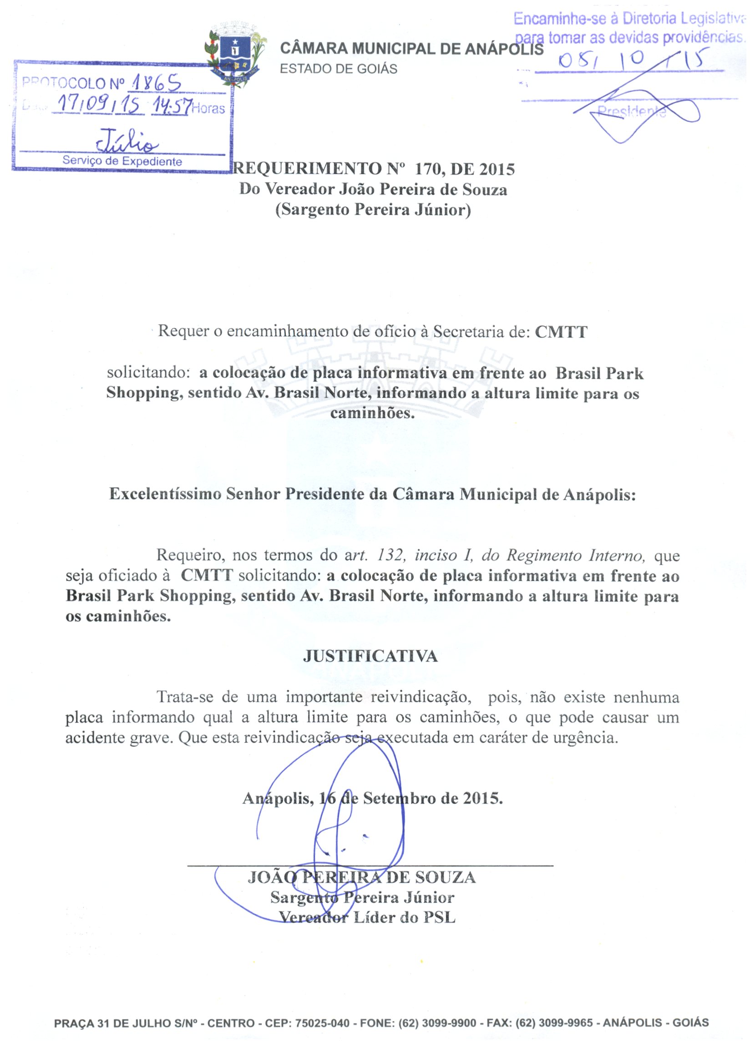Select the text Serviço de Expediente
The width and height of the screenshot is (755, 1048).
pyautogui.click(x=122, y=161)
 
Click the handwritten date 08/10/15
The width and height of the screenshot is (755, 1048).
pyautogui.click(x=633, y=61)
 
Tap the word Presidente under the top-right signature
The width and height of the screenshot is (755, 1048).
pyautogui.click(x=631, y=111)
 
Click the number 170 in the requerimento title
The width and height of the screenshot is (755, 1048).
pyautogui.click(x=430, y=170)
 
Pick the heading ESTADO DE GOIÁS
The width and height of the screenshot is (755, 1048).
pyautogui.click(x=338, y=69)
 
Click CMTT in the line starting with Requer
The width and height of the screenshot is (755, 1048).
pyautogui.click(x=561, y=332)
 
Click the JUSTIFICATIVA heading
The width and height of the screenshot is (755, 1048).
pyautogui.click(x=370, y=656)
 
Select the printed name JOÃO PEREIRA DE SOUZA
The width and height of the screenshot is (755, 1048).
pyautogui.click(x=361, y=877)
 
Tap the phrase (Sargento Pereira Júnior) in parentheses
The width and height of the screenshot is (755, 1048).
pyautogui.click(x=373, y=210)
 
